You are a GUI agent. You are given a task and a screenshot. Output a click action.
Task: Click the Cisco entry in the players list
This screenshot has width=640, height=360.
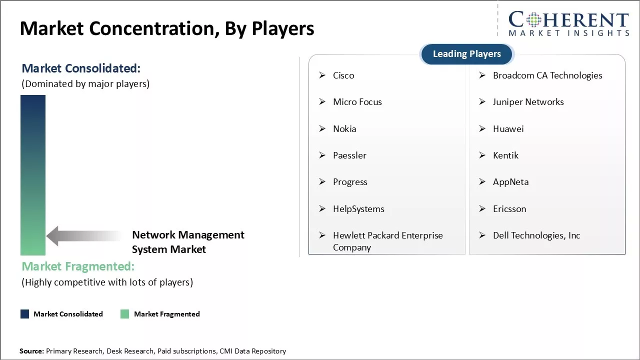[x=343, y=75]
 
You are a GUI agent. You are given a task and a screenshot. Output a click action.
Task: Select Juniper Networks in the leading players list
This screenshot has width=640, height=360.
[x=528, y=102]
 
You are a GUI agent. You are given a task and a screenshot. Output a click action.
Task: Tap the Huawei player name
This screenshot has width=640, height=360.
[x=508, y=129]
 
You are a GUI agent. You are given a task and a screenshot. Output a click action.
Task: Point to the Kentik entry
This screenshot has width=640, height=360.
[x=505, y=155]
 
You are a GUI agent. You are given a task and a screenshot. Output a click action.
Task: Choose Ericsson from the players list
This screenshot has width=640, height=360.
[x=509, y=209]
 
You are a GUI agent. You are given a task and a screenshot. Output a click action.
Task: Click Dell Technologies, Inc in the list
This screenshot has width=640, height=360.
[x=536, y=235]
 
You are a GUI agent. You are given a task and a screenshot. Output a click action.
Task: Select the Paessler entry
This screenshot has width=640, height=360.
[x=349, y=155]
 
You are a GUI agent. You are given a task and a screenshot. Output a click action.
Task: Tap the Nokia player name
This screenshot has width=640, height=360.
[x=344, y=129]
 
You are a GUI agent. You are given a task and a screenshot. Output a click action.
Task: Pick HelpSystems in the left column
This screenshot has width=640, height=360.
[x=358, y=209]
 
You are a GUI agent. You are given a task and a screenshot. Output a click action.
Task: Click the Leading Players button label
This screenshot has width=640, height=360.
[x=466, y=54]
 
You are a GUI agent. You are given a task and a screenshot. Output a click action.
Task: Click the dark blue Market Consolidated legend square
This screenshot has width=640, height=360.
[x=24, y=314]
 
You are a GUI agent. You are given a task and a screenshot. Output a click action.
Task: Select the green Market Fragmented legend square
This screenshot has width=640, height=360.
[x=125, y=314]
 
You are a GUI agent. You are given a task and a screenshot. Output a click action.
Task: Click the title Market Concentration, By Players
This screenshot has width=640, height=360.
[x=167, y=28]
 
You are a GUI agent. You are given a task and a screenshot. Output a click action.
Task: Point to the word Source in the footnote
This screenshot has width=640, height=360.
[x=31, y=351]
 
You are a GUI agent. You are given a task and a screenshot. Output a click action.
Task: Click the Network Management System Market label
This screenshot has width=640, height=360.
[x=188, y=242]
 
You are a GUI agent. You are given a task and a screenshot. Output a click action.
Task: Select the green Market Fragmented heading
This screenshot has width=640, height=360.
[x=78, y=266]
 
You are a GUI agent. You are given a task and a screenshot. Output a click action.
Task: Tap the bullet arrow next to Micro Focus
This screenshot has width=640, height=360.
[x=322, y=102]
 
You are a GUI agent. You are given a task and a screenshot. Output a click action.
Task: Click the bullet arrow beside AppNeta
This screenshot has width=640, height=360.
[x=482, y=182]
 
